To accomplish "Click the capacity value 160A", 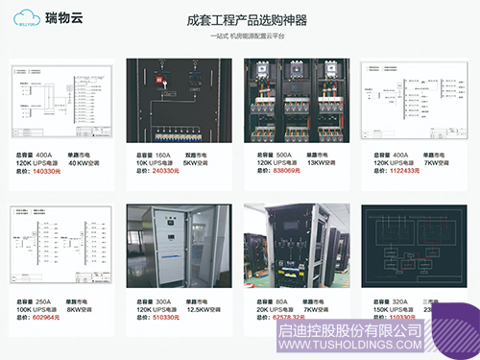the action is click(163, 154).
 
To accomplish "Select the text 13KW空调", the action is click(324, 162).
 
